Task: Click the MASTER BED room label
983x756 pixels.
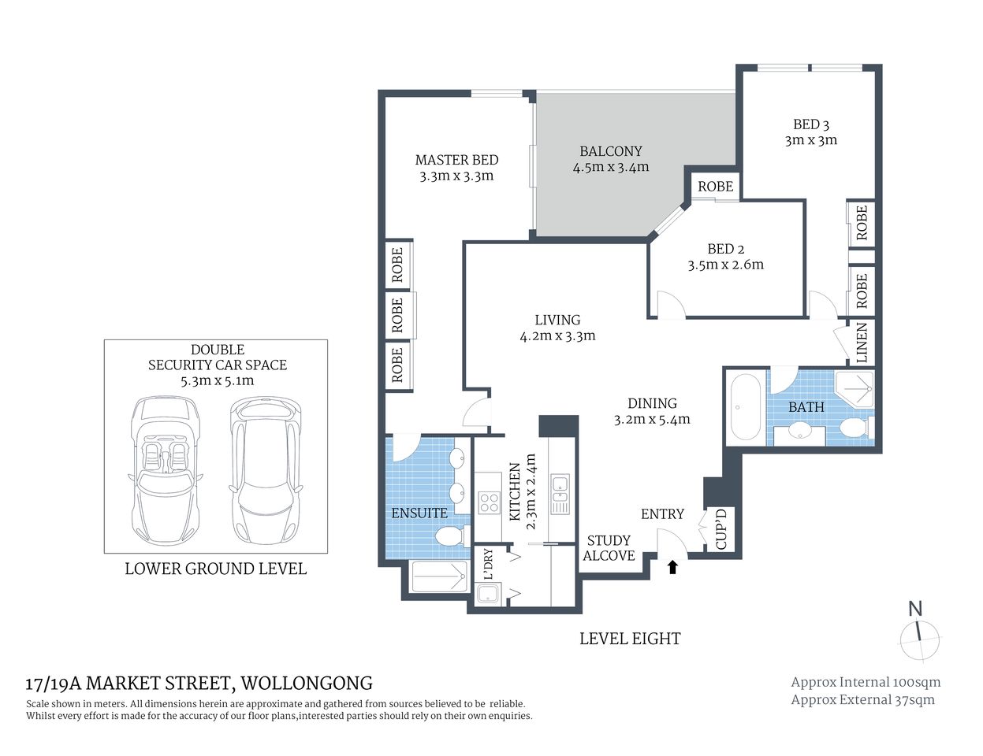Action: point(456,160)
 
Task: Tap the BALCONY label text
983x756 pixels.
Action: point(610,151)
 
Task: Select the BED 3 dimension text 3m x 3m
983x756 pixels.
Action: point(810,141)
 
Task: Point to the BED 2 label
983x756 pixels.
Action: point(725,249)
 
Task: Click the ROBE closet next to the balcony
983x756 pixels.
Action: point(715,187)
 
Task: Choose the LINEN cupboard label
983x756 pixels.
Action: point(862,343)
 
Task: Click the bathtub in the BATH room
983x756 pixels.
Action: point(744,407)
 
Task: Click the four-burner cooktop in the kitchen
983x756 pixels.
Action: point(489,502)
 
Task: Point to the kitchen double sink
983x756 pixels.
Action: point(560,495)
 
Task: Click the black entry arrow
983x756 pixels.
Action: point(672,567)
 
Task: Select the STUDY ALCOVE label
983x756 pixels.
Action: point(609,548)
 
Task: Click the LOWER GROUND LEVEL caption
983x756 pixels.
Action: point(215,569)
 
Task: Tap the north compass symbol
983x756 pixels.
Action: point(918,634)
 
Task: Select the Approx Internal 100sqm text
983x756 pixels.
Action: point(865,683)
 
